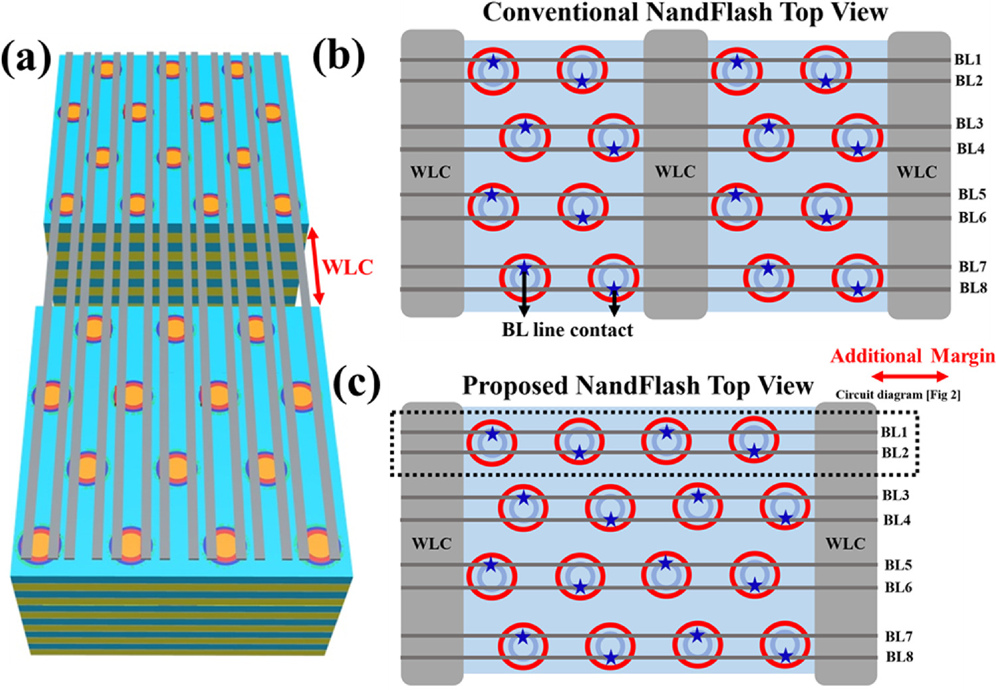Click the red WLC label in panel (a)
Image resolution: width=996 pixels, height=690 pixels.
[x=348, y=268]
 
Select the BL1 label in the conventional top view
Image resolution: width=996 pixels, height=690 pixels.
[x=968, y=60]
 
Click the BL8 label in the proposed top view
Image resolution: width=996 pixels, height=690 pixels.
[x=900, y=657]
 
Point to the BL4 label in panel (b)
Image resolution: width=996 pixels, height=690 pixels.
[x=970, y=149]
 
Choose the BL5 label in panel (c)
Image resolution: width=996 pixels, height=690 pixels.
[x=898, y=565]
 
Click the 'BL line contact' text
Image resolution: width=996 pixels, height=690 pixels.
[x=567, y=330]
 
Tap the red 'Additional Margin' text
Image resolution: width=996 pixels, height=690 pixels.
[x=912, y=357]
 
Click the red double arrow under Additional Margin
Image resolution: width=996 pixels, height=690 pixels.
[x=909, y=377]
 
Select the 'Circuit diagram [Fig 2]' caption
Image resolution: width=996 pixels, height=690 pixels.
[x=898, y=394]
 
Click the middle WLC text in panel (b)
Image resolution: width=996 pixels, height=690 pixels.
[x=675, y=172]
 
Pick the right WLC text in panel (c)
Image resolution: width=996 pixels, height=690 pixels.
[x=845, y=544]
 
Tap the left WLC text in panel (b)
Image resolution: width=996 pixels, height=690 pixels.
[x=431, y=173]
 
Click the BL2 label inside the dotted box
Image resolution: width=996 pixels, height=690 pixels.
[x=894, y=453]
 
